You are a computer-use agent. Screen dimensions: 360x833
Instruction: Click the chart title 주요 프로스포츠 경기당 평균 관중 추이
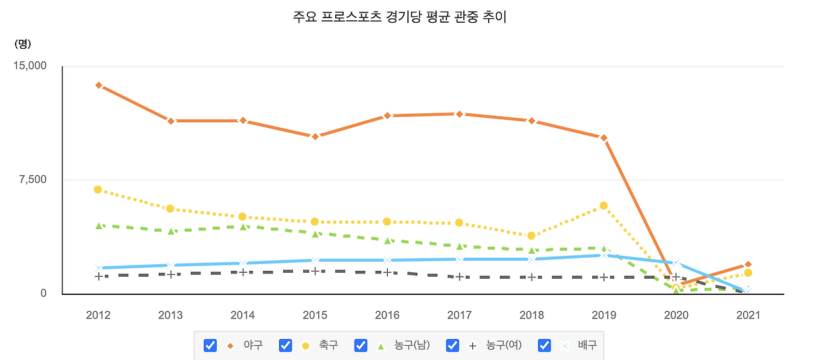pyautogui.click(x=400, y=18)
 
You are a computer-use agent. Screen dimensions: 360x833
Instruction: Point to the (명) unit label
pyautogui.click(x=23, y=44)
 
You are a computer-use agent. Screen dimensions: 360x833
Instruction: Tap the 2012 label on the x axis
pyautogui.click(x=98, y=315)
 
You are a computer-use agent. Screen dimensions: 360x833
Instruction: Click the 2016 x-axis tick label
pyautogui.click(x=387, y=315)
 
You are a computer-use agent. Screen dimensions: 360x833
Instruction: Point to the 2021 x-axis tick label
pyautogui.click(x=748, y=315)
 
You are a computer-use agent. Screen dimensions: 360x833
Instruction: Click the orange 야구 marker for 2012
pyautogui.click(x=98, y=85)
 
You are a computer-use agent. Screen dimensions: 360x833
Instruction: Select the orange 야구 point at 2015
pyautogui.click(x=315, y=137)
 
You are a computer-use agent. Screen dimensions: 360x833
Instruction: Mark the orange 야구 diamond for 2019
pyautogui.click(x=604, y=138)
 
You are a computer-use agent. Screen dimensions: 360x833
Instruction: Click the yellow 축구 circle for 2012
pyautogui.click(x=98, y=189)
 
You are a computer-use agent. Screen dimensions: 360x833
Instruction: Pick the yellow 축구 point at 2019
pyautogui.click(x=604, y=206)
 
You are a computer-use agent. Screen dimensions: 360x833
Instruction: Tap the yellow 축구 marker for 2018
pyautogui.click(x=532, y=236)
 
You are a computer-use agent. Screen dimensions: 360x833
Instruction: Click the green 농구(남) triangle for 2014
pyautogui.click(x=243, y=227)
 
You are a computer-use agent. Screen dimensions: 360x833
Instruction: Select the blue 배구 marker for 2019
pyautogui.click(x=604, y=255)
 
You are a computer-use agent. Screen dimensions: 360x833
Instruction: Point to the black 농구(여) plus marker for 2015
pyautogui.click(x=315, y=271)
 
